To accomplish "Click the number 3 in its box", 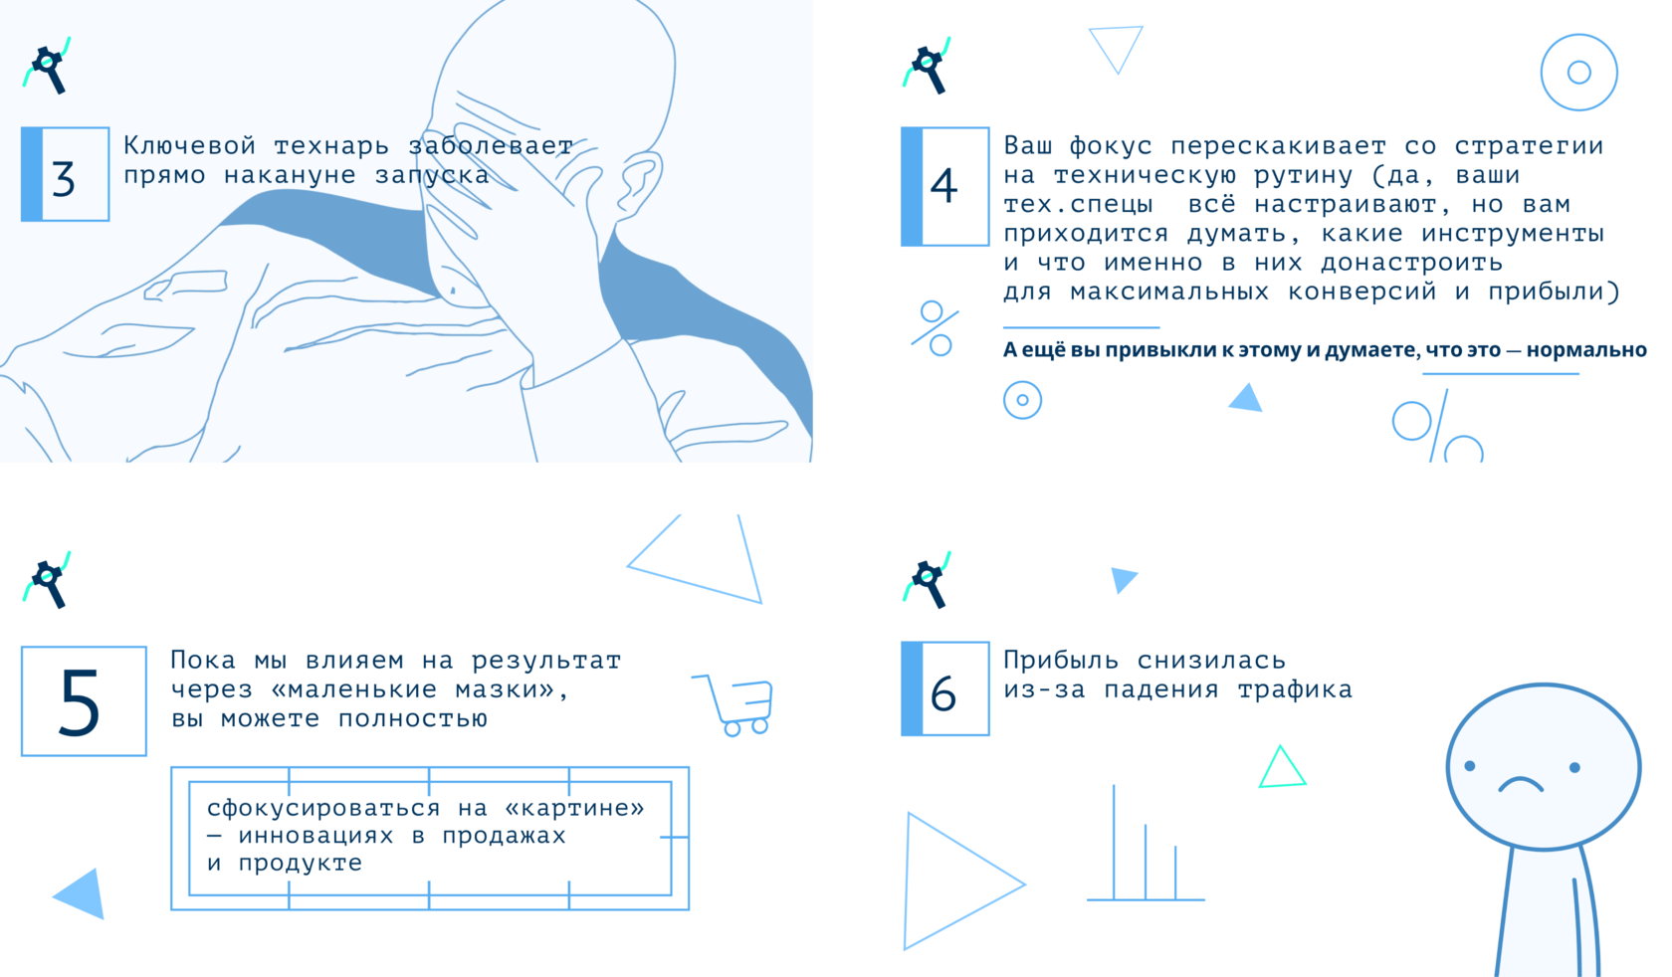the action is pos(64,178).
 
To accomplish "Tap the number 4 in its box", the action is pos(944,185).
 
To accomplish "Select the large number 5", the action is pos(80,702).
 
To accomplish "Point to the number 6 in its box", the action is pos(943,693).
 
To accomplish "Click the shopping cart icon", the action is pos(734,704).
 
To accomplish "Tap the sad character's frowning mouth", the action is pos(1521,784).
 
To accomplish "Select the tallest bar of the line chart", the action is pos(1114,842).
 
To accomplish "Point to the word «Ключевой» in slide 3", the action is pos(189,145).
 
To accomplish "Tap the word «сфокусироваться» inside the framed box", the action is pos(324,808).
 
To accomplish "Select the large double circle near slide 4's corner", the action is pos(1578,36).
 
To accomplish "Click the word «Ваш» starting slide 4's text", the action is pos(1028,145).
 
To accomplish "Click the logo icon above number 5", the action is pos(47,580).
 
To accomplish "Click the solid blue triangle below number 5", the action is pos(81,892).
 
